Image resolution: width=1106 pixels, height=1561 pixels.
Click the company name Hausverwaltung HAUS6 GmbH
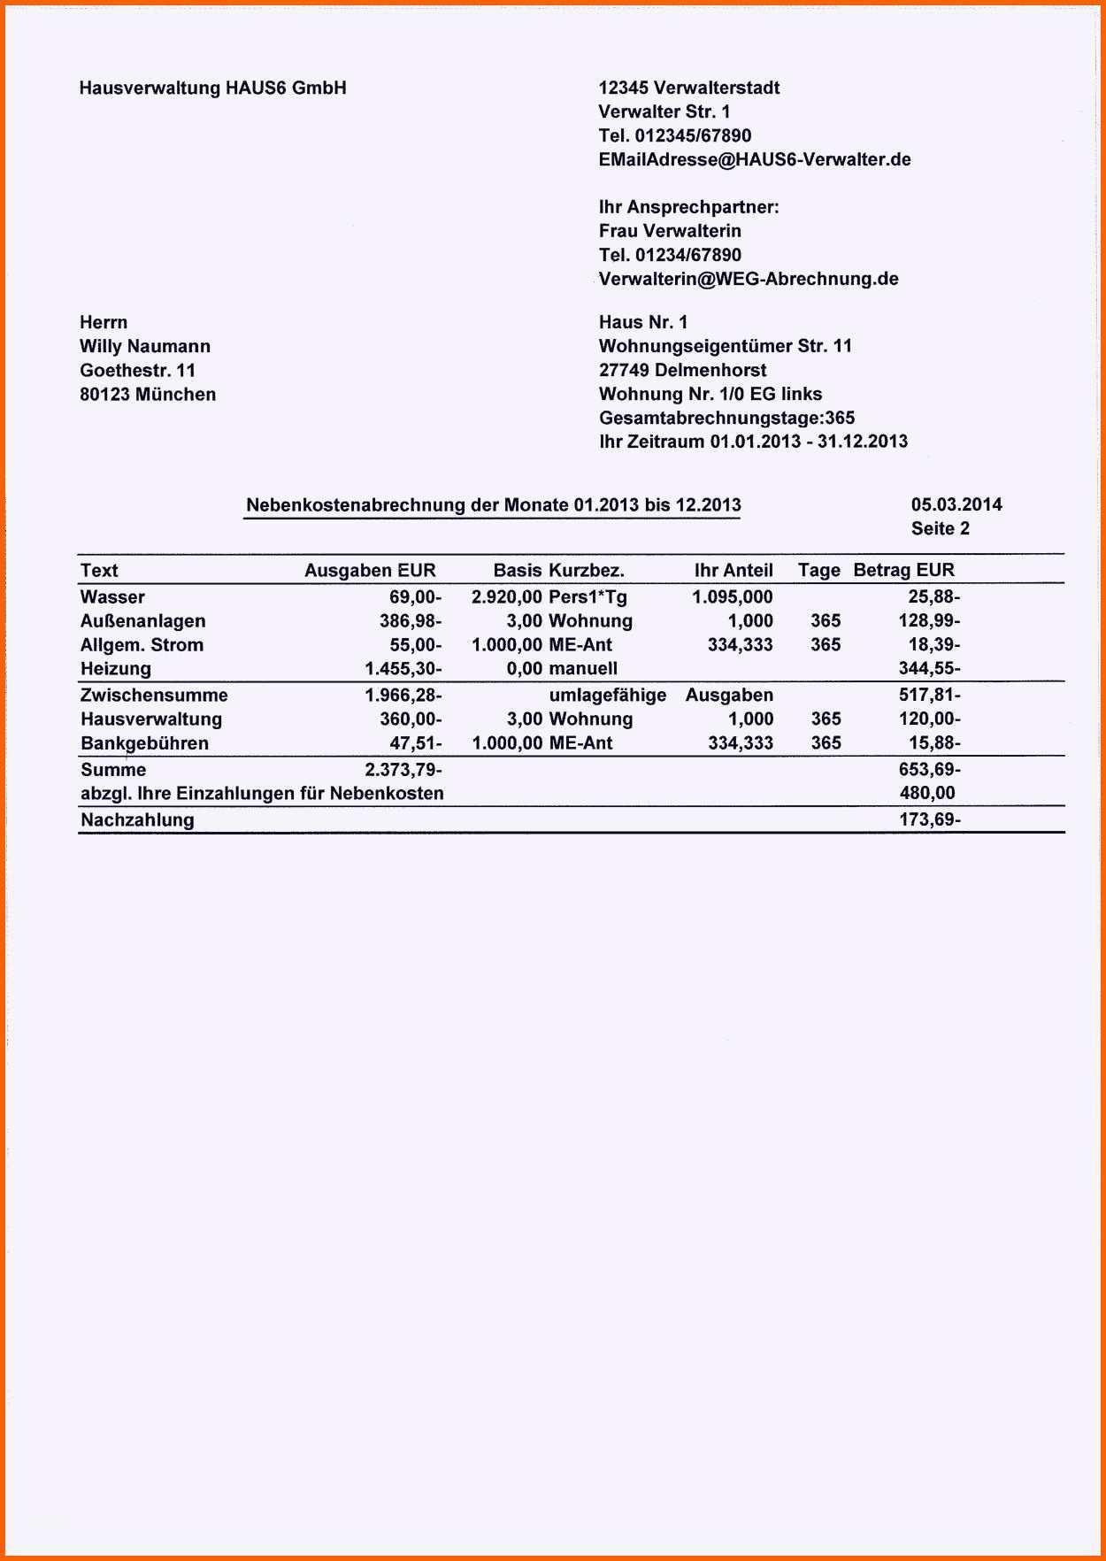212,88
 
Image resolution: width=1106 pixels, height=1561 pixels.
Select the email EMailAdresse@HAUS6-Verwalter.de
754,159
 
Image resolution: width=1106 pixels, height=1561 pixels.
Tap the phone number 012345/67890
693,135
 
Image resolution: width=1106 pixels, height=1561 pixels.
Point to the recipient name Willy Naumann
145,346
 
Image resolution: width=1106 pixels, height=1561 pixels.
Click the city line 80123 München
148,394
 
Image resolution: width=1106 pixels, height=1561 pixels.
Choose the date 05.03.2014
956,504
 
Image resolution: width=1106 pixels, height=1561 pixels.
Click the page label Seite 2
940,528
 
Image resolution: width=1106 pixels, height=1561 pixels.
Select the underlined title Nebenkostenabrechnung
493,505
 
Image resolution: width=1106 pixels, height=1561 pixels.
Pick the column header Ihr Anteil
733,570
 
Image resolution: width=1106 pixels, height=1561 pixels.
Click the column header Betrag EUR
903,570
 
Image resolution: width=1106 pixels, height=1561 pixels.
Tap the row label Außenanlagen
142,620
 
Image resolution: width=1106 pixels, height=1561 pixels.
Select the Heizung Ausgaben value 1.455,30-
403,668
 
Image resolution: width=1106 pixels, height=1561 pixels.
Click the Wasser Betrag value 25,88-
933,596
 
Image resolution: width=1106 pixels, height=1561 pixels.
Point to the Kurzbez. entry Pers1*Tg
588,596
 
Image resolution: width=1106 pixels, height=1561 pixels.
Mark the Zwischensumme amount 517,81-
929,695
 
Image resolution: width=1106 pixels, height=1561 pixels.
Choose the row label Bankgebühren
144,742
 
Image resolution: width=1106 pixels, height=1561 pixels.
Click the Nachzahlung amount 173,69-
929,819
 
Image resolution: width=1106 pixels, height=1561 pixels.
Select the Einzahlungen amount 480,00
927,793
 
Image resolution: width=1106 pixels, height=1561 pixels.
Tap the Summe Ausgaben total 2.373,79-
403,769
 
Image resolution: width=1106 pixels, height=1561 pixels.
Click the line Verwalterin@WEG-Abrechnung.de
749,279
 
